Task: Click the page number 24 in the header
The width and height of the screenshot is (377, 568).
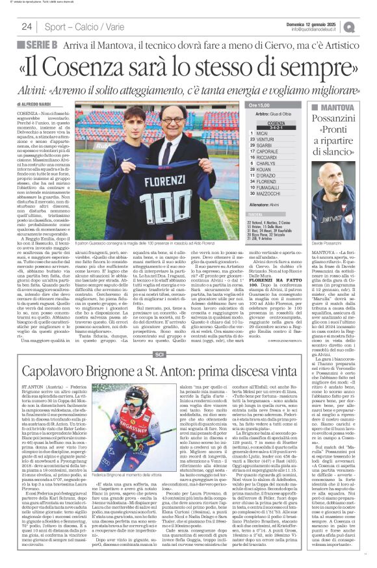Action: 27,27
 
